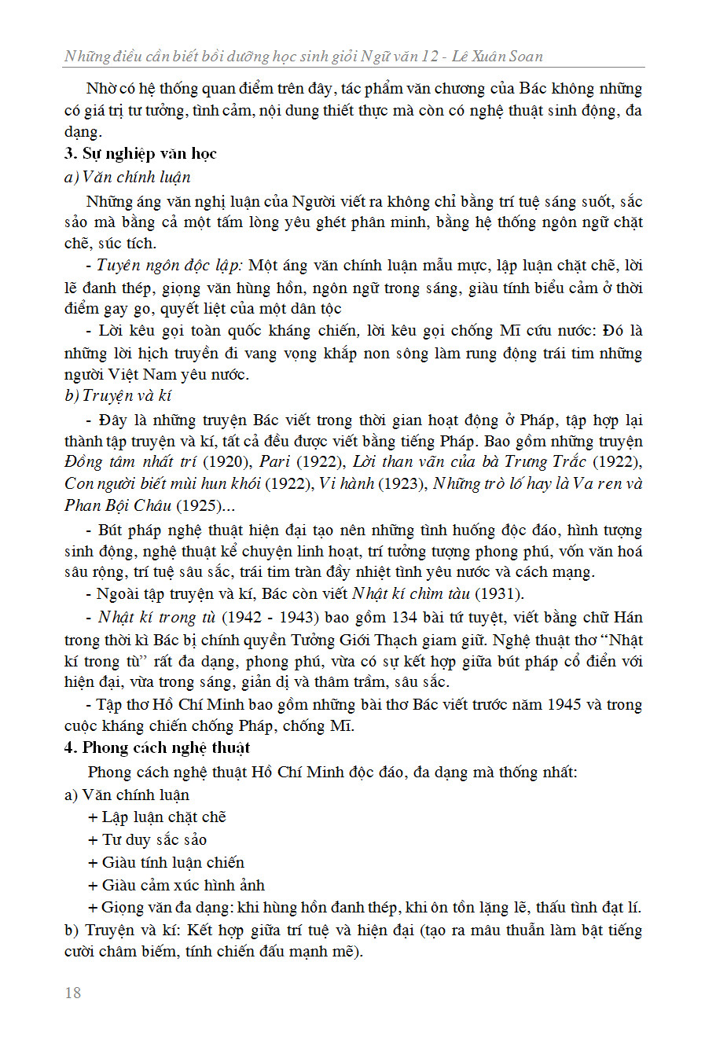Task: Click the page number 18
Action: coord(72,993)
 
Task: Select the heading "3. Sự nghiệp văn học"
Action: coord(140,153)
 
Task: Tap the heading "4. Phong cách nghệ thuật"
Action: coord(156,747)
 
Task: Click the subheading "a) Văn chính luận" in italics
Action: coord(127,177)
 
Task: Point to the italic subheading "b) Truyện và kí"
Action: coord(118,395)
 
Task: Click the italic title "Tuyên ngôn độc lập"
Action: coord(169,266)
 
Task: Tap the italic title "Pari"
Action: coord(274,461)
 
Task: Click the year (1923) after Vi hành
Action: coord(403,483)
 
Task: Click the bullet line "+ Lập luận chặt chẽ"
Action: coord(156,817)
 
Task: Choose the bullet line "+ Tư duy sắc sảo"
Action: coord(147,839)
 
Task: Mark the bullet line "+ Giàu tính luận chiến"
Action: coord(166,862)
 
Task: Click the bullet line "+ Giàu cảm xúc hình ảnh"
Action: coord(176,885)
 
